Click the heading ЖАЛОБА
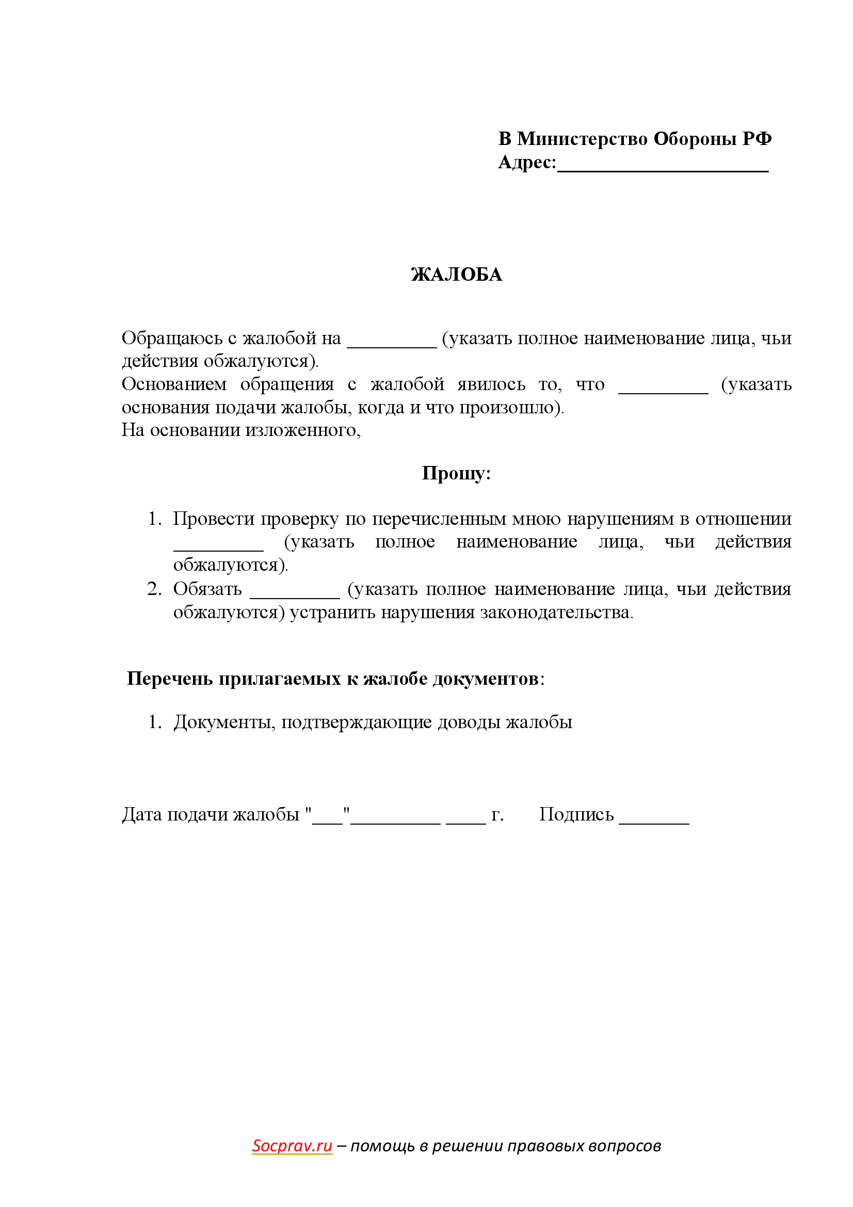tap(456, 275)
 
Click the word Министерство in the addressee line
tap(582, 139)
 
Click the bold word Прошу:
tap(456, 473)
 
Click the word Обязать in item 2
tap(207, 589)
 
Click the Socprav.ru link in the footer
tap(292, 1146)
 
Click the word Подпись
tap(576, 814)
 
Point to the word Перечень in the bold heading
tap(169, 679)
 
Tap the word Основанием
tap(174, 384)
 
